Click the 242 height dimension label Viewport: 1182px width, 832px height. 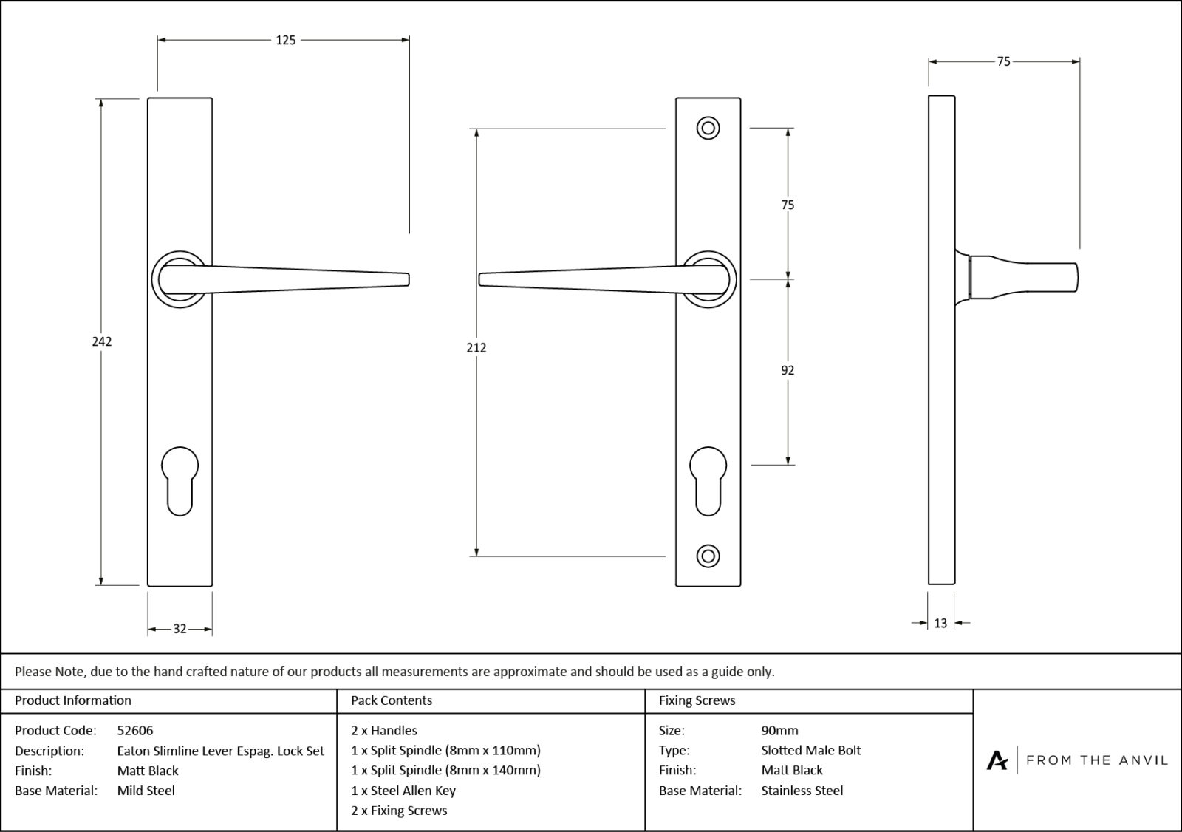[102, 341]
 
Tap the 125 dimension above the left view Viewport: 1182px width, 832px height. [285, 41]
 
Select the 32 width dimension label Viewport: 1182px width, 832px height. [180, 630]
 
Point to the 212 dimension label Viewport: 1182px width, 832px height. [476, 347]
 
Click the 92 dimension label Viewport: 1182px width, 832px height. [788, 370]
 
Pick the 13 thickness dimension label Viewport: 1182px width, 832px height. [940, 624]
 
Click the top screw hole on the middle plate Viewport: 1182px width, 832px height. [708, 129]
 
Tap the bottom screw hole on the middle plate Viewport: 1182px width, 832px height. [708, 556]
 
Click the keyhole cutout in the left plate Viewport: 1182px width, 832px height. [180, 480]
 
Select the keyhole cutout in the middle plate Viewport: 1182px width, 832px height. [708, 480]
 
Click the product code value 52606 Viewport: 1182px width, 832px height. [135, 731]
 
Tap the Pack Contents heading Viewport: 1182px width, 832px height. [392, 700]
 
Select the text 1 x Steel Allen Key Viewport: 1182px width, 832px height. [403, 791]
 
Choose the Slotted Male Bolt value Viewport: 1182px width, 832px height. [811, 751]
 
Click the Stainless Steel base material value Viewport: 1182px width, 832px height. [802, 791]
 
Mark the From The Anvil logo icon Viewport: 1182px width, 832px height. [997, 760]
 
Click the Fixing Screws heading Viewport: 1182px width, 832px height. [697, 700]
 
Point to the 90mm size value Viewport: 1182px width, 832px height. [779, 731]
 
